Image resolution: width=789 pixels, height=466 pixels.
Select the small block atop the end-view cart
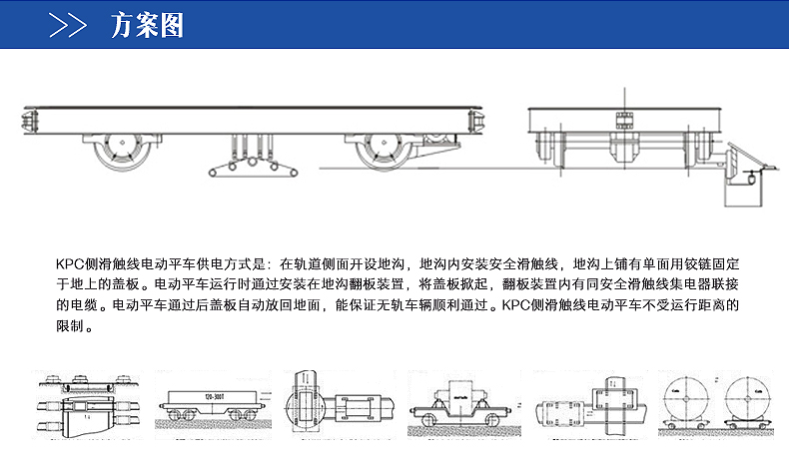pos(626,121)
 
